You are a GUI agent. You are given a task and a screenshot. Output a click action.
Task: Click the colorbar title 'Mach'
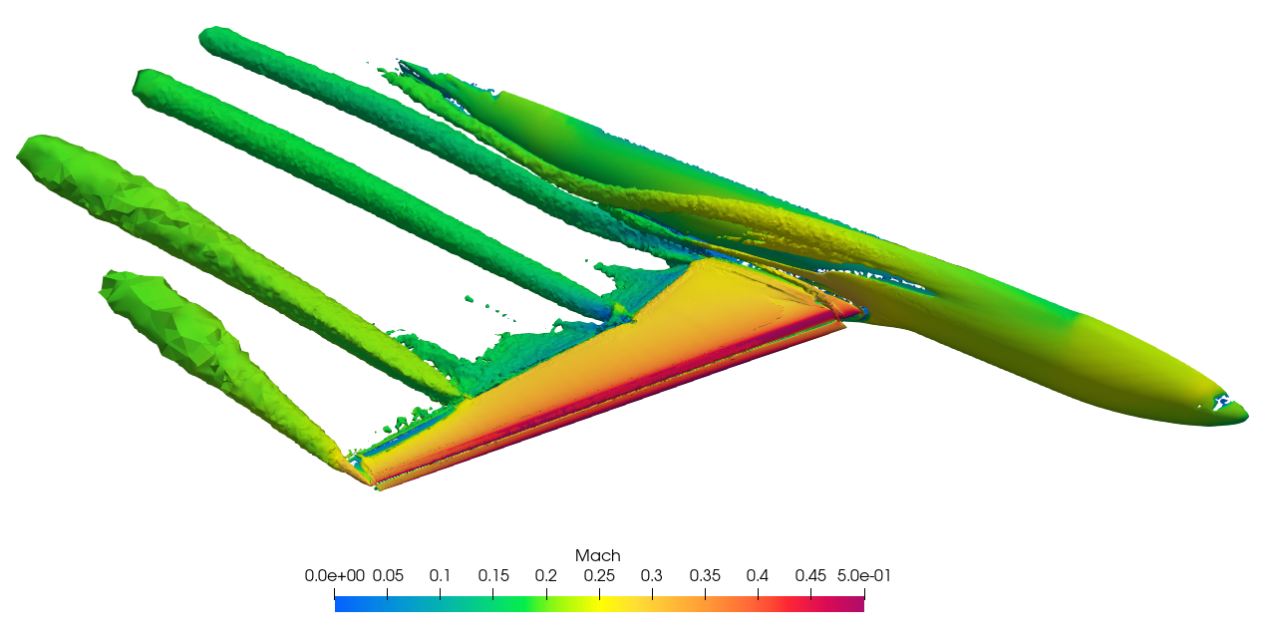[598, 555]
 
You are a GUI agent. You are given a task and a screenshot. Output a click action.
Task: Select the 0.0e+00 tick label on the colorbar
[335, 575]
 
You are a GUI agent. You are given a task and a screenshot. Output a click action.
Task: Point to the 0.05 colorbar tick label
[388, 575]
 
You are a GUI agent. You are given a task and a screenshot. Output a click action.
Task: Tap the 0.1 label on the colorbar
[441, 575]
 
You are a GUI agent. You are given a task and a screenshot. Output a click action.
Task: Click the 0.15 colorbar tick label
[493, 575]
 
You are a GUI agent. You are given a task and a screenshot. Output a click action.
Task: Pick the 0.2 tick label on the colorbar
[546, 575]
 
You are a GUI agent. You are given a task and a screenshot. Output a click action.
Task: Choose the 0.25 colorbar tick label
[599, 575]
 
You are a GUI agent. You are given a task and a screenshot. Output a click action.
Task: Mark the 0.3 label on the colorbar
[652, 575]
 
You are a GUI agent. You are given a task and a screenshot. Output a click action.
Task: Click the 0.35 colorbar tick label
[705, 575]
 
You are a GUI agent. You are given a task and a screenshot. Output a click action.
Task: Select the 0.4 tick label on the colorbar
[758, 575]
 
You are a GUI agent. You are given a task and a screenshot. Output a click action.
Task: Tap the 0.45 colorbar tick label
[810, 575]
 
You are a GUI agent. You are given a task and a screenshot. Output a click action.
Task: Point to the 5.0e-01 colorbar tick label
[862, 575]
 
